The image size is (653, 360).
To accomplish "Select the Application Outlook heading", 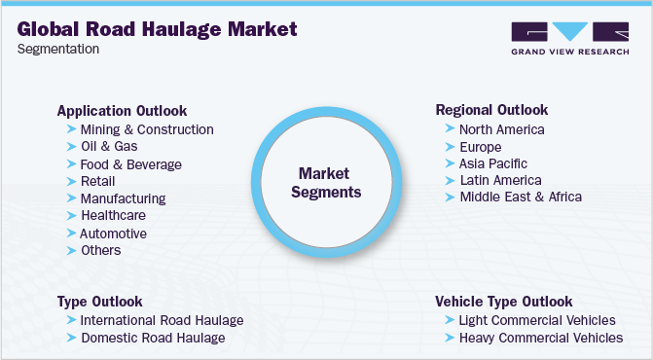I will (122, 111).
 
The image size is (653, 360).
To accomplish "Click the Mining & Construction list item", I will (147, 129).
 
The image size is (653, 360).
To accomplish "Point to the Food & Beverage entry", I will (130, 164).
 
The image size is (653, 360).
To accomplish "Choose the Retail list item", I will (97, 181).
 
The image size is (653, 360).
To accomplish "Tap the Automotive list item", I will (114, 234).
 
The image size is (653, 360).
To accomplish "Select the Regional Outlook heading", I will (491, 110).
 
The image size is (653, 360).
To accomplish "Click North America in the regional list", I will (501, 129).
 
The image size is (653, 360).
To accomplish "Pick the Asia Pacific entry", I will (493, 162).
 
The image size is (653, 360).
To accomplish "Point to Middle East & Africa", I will (521, 197).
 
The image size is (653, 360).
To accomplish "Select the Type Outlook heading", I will (100, 302).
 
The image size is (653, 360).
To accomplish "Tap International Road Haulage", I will (162, 320).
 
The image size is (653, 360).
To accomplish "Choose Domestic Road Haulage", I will (152, 338).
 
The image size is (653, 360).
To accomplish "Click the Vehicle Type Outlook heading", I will (504, 302).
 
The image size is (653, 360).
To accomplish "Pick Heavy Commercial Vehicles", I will (541, 338).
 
